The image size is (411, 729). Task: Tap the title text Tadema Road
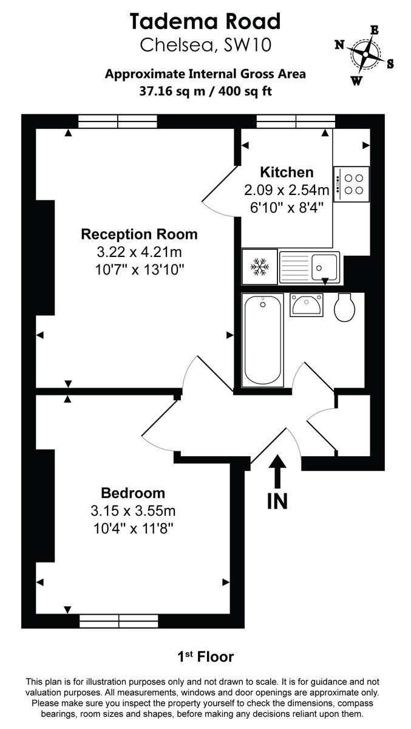click(205, 22)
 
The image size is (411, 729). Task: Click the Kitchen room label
click(287, 172)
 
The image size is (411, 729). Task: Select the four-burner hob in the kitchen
click(351, 184)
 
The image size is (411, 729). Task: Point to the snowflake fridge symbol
click(260, 266)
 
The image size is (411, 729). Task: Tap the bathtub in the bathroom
click(262, 340)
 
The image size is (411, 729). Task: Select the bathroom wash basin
click(306, 304)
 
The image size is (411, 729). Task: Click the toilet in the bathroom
click(345, 306)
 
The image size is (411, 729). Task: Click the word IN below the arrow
click(277, 502)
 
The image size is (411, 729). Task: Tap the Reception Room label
click(139, 234)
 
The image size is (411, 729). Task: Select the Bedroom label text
click(132, 493)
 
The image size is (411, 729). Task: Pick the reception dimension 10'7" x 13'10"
click(139, 269)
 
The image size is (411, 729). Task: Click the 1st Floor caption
click(205, 657)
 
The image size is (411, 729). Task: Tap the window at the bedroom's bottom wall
click(119, 620)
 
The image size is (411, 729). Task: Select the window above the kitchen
click(296, 122)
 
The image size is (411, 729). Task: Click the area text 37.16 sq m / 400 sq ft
click(205, 92)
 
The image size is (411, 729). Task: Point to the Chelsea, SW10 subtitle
click(205, 45)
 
